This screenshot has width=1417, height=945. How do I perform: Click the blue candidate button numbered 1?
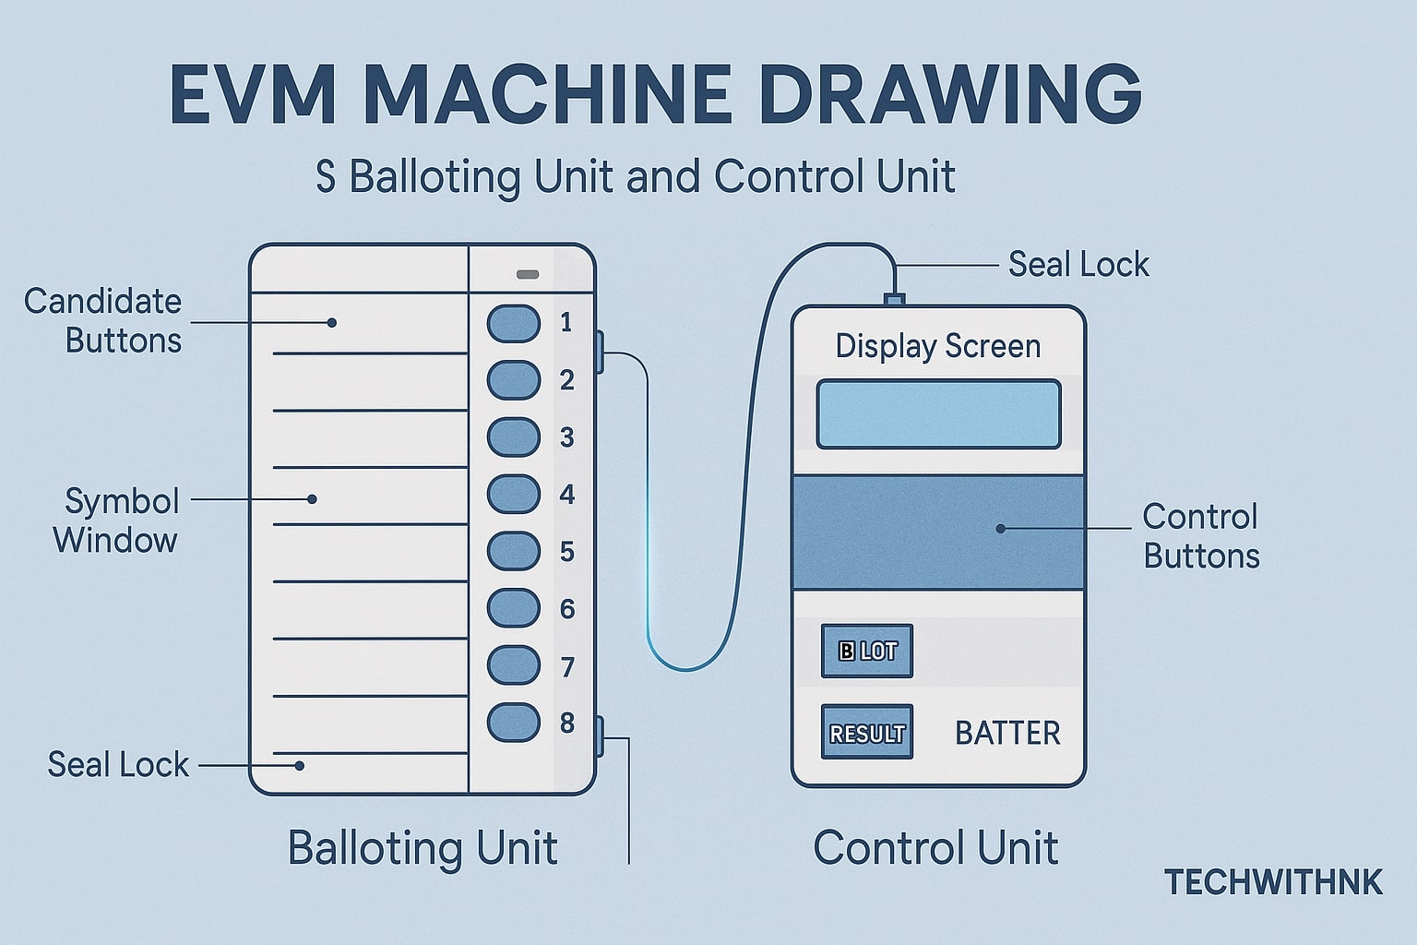pos(513,323)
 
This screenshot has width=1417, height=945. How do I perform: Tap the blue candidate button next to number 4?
pos(513,495)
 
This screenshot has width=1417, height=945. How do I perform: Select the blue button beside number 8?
pos(513,723)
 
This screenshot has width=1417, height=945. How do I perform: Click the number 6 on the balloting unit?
pos(567,609)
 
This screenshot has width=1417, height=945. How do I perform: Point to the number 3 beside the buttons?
pos(567,437)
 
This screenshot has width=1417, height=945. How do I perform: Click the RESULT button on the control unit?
pos(866,733)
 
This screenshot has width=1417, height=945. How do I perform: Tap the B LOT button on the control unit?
pos(866,651)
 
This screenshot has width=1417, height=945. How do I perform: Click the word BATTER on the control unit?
pos(1006,733)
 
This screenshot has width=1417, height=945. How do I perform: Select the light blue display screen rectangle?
pos(938,414)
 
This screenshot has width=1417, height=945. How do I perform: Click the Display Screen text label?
pos(938,347)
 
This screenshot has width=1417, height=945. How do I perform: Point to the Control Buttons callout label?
pos(1200,536)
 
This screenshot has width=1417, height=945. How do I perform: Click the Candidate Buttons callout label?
pos(103,321)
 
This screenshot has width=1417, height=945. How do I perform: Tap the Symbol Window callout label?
pos(117,520)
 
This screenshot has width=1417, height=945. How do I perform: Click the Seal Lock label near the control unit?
pos(1078,265)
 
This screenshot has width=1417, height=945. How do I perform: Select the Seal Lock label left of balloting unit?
pos(118,765)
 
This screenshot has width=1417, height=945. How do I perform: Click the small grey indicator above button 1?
pos(528,274)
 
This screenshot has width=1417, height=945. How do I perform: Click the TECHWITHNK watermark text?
pos(1273,882)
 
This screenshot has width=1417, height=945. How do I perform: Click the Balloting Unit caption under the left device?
pos(423,847)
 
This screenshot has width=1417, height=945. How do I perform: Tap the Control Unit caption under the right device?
pos(935,847)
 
